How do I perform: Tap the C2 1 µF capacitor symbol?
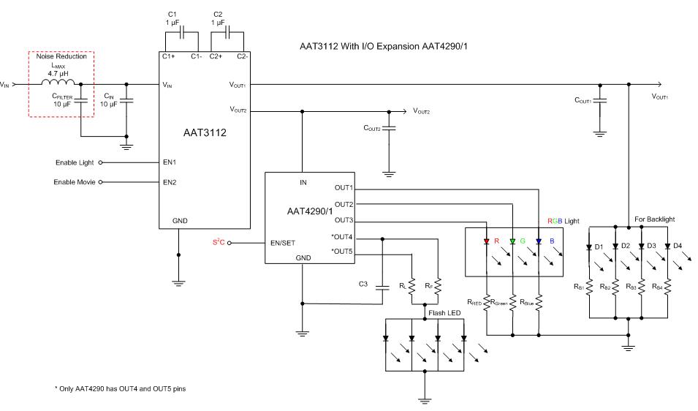227,34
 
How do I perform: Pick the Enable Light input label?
75,162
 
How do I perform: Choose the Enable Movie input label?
75,181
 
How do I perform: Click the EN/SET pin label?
282,243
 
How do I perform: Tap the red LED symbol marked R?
486,241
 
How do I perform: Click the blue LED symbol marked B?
538,241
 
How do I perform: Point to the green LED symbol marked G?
512,241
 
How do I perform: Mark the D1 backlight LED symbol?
590,246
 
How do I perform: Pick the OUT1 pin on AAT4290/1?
344,188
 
